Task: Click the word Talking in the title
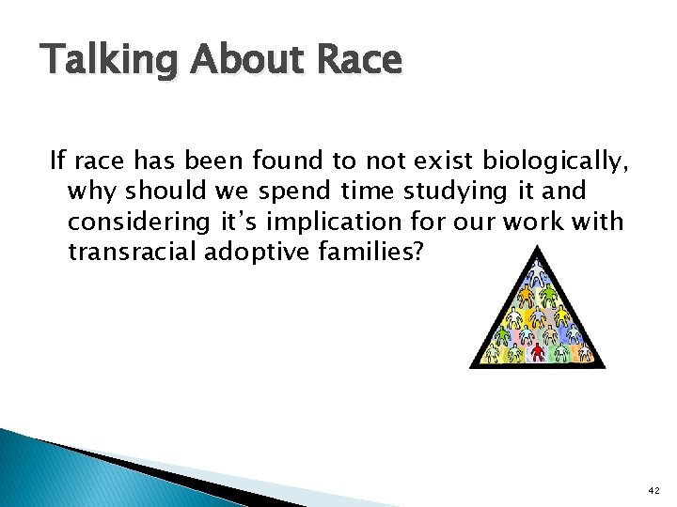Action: click(x=104, y=61)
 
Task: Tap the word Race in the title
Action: click(x=361, y=60)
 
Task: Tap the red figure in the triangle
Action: click(x=538, y=352)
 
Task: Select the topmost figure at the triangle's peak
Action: click(x=537, y=272)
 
